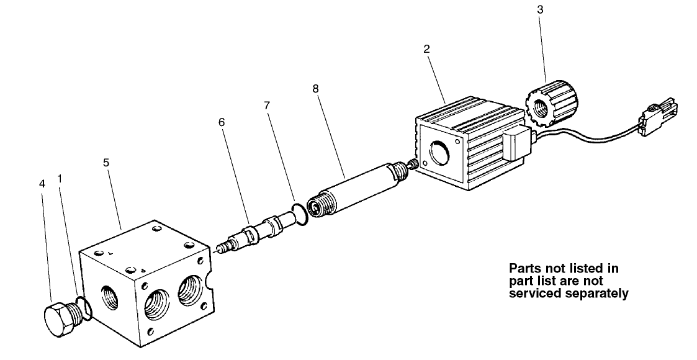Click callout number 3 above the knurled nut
[x=539, y=10]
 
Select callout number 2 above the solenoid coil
[x=427, y=49]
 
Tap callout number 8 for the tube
[x=316, y=89]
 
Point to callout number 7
[x=267, y=106]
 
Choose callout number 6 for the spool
[x=222, y=122]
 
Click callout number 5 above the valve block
[x=106, y=163]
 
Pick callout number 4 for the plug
[x=42, y=184]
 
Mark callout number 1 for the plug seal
[x=60, y=179]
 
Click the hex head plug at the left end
[x=62, y=319]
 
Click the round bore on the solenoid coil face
[x=438, y=153]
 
